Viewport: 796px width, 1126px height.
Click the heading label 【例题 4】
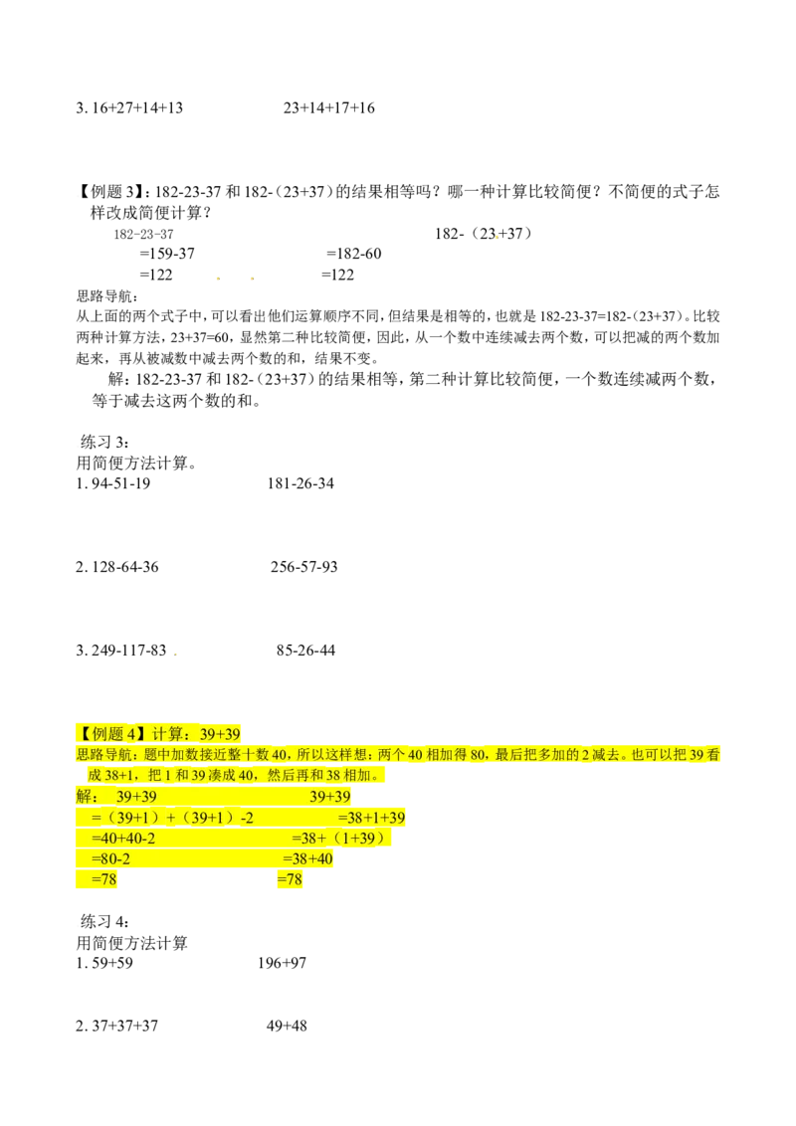coord(111,733)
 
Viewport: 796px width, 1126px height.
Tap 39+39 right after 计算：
coord(218,733)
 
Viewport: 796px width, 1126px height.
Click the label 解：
coord(87,797)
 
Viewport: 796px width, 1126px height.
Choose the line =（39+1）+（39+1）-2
coord(171,818)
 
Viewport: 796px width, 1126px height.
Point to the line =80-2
coord(110,859)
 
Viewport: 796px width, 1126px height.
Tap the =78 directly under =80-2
coord(103,880)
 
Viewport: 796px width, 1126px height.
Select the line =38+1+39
coord(371,818)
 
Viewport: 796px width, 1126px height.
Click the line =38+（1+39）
coord(338,839)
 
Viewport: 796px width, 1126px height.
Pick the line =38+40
coord(308,859)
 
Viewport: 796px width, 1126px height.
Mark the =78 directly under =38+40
coord(289,880)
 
